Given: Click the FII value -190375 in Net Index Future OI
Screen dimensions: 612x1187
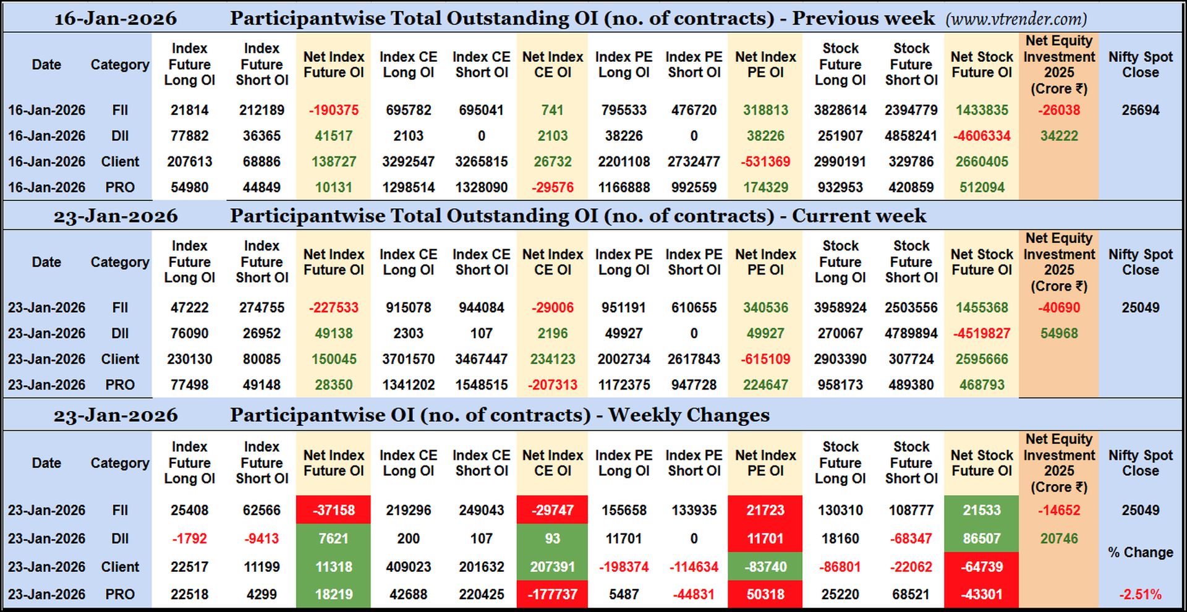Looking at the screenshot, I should click(334, 110).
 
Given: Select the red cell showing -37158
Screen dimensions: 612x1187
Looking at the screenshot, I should click(334, 510).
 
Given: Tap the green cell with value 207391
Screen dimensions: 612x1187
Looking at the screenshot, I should click(552, 566).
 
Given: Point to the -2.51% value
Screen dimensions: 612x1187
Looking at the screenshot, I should click(1140, 594).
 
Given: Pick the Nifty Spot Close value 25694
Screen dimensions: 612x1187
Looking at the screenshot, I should click(1140, 110).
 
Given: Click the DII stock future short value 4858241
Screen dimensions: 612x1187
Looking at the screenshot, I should click(911, 136).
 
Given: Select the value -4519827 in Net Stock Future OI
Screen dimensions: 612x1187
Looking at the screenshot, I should click(981, 333).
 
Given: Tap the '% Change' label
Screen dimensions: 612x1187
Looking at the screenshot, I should click(1140, 552).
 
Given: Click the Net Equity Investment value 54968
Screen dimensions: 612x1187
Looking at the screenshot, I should click(1058, 333).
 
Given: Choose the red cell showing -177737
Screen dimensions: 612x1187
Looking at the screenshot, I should click(552, 594).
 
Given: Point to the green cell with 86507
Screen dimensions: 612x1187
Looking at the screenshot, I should click(981, 538).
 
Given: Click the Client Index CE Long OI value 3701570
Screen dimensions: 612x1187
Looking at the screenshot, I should click(408, 359).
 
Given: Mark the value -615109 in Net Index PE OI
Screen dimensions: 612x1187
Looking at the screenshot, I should click(765, 359).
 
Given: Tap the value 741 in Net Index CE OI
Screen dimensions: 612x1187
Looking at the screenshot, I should click(552, 110).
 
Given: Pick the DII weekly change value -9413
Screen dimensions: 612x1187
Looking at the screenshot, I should click(262, 538).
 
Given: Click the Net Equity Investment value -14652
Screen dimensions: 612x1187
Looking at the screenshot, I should click(1058, 510).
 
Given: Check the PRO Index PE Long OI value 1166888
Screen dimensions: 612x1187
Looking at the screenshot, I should click(623, 187).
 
